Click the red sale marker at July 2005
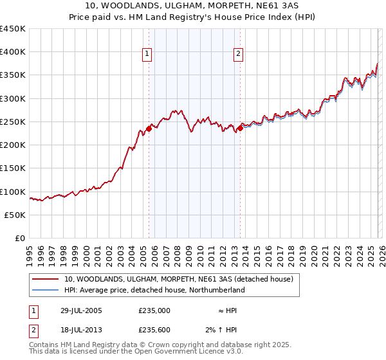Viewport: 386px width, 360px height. [149, 129]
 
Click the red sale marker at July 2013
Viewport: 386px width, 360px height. [240, 128]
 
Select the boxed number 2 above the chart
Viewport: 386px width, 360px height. [239, 54]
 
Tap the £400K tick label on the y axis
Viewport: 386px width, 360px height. [12, 52]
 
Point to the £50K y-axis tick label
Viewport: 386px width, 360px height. [14, 215]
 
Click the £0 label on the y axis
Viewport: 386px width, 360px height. [20, 239]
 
